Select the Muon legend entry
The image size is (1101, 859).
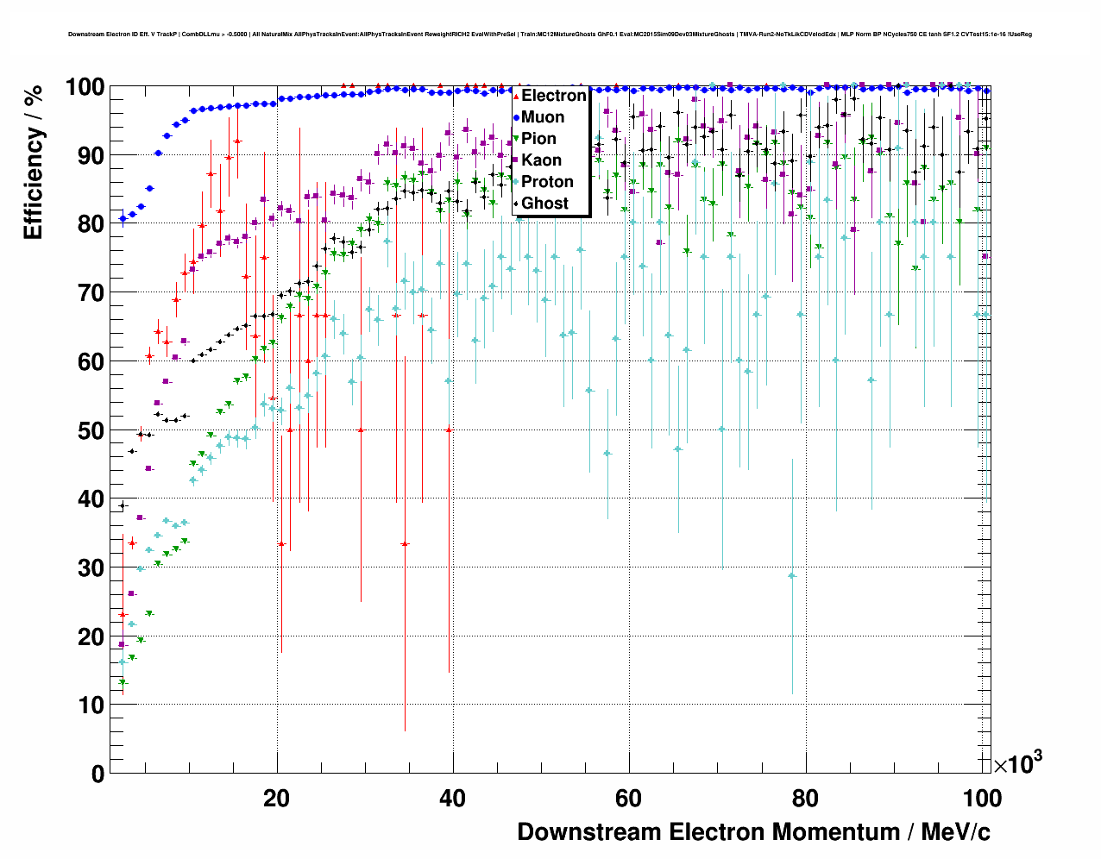click(x=543, y=117)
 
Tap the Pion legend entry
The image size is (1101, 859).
click(x=538, y=139)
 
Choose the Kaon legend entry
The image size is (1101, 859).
click(x=541, y=160)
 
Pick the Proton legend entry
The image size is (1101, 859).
click(x=547, y=182)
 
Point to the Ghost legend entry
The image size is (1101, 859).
click(x=544, y=204)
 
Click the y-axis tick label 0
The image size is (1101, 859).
click(x=98, y=774)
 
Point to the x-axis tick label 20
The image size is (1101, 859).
click(x=276, y=799)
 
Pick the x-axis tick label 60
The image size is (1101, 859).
click(x=629, y=799)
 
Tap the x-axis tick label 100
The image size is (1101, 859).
click(x=982, y=799)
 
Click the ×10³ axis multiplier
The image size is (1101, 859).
click(x=1017, y=764)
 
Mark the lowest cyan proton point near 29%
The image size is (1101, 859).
click(x=792, y=575)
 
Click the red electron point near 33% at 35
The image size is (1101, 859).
click(x=405, y=544)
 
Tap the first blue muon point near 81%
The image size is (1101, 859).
click(x=123, y=218)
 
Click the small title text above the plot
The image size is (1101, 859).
click(x=550, y=34)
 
